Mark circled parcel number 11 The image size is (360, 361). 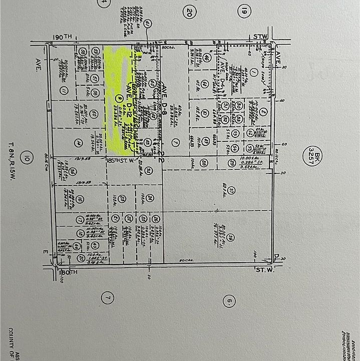pos(64,91)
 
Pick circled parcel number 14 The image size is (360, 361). pos(78,143)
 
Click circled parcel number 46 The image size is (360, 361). pos(206,58)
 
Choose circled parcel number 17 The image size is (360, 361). pos(80,220)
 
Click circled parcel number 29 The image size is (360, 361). pos(231,162)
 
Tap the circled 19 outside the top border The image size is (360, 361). pos(244,11)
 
